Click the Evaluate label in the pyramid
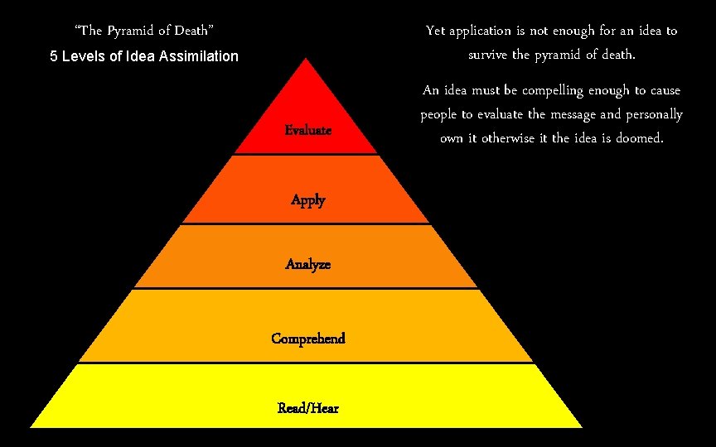coord(307,130)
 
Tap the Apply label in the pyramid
coord(307,199)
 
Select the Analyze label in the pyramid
coord(307,264)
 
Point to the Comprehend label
coord(307,339)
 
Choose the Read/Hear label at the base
coord(307,408)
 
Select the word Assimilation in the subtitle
coord(195,57)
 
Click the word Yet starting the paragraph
coord(435,31)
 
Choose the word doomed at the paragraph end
coord(639,138)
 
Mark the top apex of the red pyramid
coord(307,58)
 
